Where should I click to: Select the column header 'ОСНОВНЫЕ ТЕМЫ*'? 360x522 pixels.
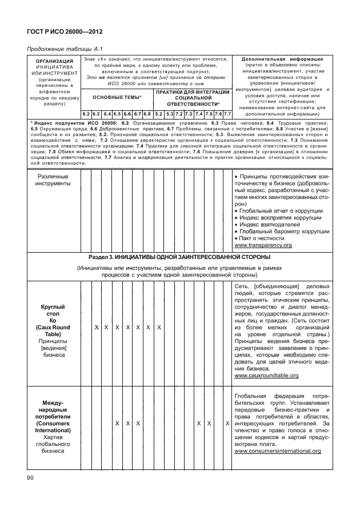pos(117,98)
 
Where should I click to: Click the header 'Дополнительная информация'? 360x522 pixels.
pos(282,59)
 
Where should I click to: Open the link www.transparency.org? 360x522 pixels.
pos(263,245)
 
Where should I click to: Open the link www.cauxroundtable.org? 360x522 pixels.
pos(266,376)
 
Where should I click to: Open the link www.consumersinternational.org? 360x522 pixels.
pos(277,451)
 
